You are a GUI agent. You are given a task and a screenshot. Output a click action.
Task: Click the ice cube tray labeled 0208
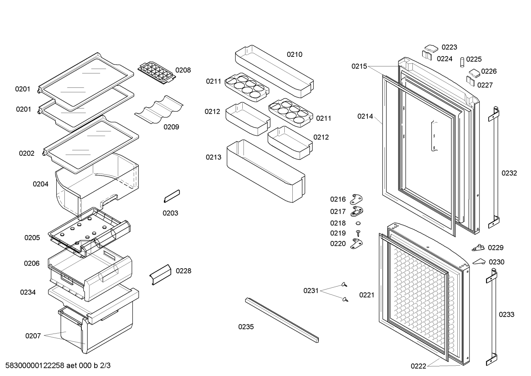pos(157,73)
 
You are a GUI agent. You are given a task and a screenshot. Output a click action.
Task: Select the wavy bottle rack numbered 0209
pos(159,110)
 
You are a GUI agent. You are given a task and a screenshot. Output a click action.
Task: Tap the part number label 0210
pos(295,54)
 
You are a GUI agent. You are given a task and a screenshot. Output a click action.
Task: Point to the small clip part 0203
pos(172,196)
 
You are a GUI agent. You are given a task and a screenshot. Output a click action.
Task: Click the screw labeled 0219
pos(358,233)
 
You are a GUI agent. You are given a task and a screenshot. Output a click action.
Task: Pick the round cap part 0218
pos(358,223)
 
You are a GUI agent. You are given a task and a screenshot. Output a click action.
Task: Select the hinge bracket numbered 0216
pos(356,199)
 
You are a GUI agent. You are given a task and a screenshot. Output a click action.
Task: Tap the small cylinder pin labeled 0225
pos(462,62)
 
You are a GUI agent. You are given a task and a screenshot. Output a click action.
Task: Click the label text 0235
pos(246,327)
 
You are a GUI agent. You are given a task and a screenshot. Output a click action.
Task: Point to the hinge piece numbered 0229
pos(478,248)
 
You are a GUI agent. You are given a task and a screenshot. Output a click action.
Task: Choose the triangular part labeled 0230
pos(479,261)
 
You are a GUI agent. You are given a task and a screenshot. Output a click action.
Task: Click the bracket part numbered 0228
pos(160,275)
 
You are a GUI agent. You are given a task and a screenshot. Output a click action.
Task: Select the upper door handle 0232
pos(494,168)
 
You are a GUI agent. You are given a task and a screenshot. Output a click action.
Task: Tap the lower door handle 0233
pos(492,317)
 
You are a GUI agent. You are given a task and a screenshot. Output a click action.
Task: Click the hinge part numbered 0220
pos(356,244)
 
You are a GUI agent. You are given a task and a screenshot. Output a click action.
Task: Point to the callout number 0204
pos(41,184)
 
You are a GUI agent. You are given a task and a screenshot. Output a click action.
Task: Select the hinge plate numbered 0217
pos(357,211)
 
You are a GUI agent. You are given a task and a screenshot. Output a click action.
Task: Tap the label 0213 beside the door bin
pos(213,157)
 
